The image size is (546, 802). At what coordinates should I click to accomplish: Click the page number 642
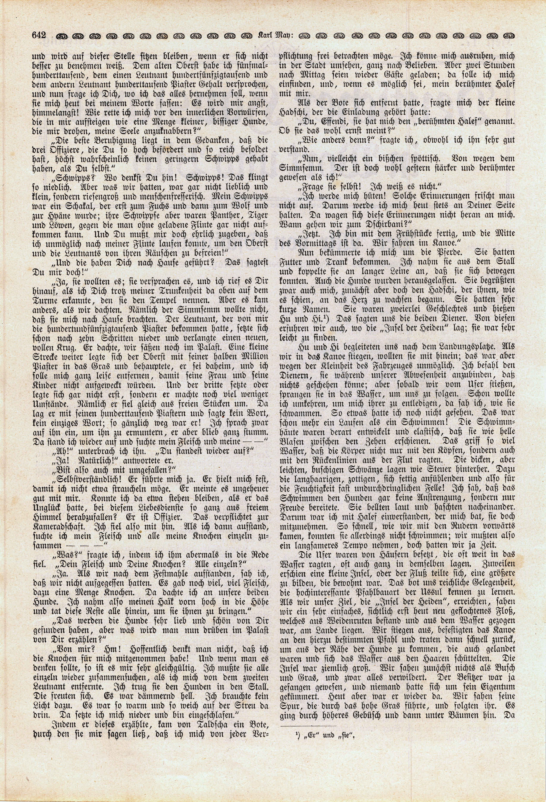39,36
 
